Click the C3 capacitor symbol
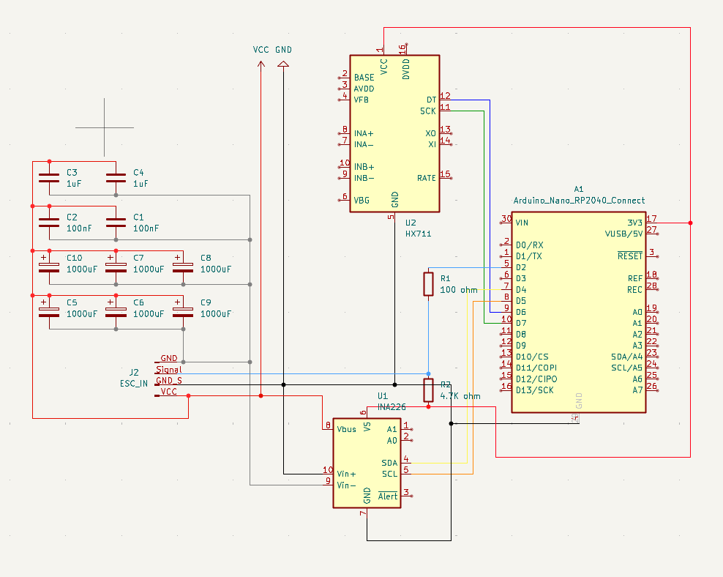tap(49, 178)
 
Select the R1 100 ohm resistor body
tap(428, 283)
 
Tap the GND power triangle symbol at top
tap(283, 64)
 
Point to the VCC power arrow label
tap(261, 49)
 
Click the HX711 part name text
tap(419, 234)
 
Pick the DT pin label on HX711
tap(431, 100)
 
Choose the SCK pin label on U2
tap(428, 111)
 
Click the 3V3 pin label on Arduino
tap(634, 223)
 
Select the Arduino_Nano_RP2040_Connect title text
tap(579, 201)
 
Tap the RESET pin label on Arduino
tap(630, 256)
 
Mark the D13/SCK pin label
tap(534, 390)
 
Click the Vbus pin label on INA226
tap(346, 429)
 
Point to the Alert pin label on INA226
tap(388, 496)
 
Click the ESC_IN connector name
tap(134, 384)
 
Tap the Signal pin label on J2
tap(169, 370)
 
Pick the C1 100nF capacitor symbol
tap(116, 223)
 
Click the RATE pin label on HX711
tap(427, 178)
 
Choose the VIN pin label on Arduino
tap(522, 223)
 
